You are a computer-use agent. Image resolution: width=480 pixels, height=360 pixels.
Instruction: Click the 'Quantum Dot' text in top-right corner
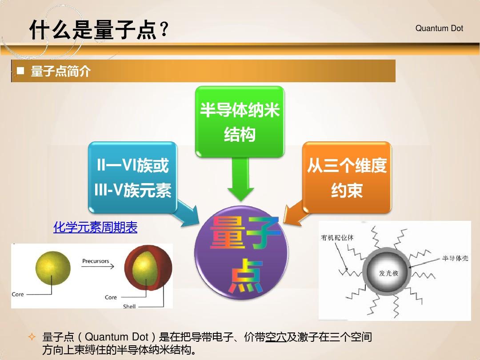click(x=439, y=28)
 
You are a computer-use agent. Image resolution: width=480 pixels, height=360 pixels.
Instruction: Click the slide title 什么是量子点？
click(x=99, y=30)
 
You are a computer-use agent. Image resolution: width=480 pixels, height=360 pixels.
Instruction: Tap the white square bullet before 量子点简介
click(x=20, y=71)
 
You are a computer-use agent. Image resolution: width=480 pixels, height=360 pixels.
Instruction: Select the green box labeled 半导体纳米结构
click(x=240, y=122)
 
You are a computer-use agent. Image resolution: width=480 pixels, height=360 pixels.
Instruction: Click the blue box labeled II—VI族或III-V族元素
click(x=132, y=177)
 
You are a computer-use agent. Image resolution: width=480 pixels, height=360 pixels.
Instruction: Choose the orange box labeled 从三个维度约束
click(x=347, y=177)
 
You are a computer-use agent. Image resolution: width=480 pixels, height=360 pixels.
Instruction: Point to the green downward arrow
click(x=240, y=179)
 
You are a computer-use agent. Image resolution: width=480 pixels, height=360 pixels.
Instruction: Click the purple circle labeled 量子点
click(x=241, y=252)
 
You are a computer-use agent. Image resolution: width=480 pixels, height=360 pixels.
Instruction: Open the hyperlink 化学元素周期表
click(x=95, y=227)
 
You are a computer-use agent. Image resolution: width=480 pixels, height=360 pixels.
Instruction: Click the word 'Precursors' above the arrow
click(x=96, y=261)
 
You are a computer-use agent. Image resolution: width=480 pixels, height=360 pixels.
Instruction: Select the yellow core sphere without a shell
click(x=53, y=268)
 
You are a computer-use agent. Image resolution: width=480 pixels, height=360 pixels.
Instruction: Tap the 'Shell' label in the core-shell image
click(x=129, y=306)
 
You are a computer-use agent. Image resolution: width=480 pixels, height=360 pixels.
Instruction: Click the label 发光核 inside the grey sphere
click(x=388, y=273)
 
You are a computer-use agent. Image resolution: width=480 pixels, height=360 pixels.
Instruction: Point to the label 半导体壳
click(x=455, y=258)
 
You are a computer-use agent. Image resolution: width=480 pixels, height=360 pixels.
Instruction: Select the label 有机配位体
click(x=337, y=237)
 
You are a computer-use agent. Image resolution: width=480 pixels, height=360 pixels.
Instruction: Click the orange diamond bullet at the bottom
click(x=32, y=337)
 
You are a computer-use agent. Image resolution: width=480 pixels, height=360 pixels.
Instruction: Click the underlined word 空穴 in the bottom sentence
click(x=276, y=337)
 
